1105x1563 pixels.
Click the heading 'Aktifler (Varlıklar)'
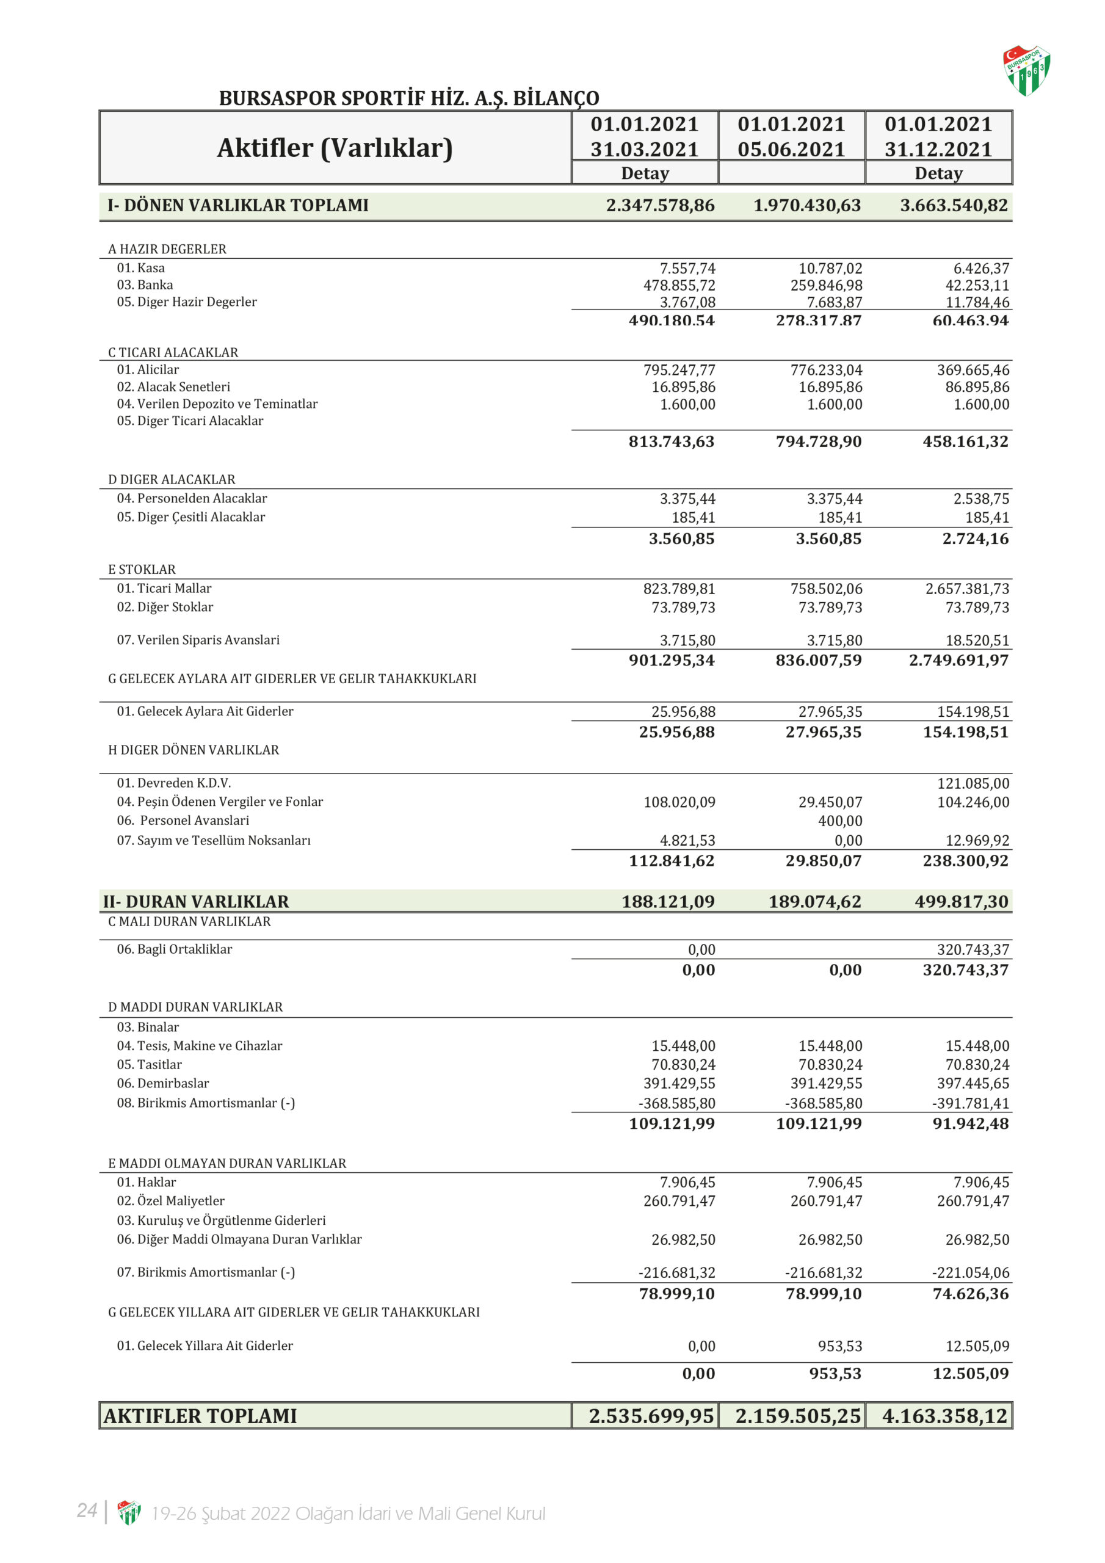[335, 148]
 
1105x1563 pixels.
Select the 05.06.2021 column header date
[791, 149]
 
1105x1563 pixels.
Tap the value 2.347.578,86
[660, 206]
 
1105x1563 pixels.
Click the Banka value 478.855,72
[679, 285]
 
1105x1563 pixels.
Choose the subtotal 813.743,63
[672, 441]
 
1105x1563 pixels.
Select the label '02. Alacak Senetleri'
[173, 386]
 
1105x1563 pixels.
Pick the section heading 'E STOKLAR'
[142, 569]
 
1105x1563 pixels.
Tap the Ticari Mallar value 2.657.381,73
[967, 588]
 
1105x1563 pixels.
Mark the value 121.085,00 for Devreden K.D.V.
[973, 783]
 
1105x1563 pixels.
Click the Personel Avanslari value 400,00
[839, 821]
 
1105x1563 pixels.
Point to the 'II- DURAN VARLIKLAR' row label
[196, 901]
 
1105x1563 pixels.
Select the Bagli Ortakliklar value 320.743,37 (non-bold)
[973, 949]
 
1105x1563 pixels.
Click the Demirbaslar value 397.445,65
[973, 1083]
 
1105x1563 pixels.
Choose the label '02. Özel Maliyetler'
[170, 1201]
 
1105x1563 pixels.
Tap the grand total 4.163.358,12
[944, 1416]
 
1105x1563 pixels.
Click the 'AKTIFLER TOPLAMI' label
[200, 1416]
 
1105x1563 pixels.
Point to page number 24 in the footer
[87, 1510]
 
